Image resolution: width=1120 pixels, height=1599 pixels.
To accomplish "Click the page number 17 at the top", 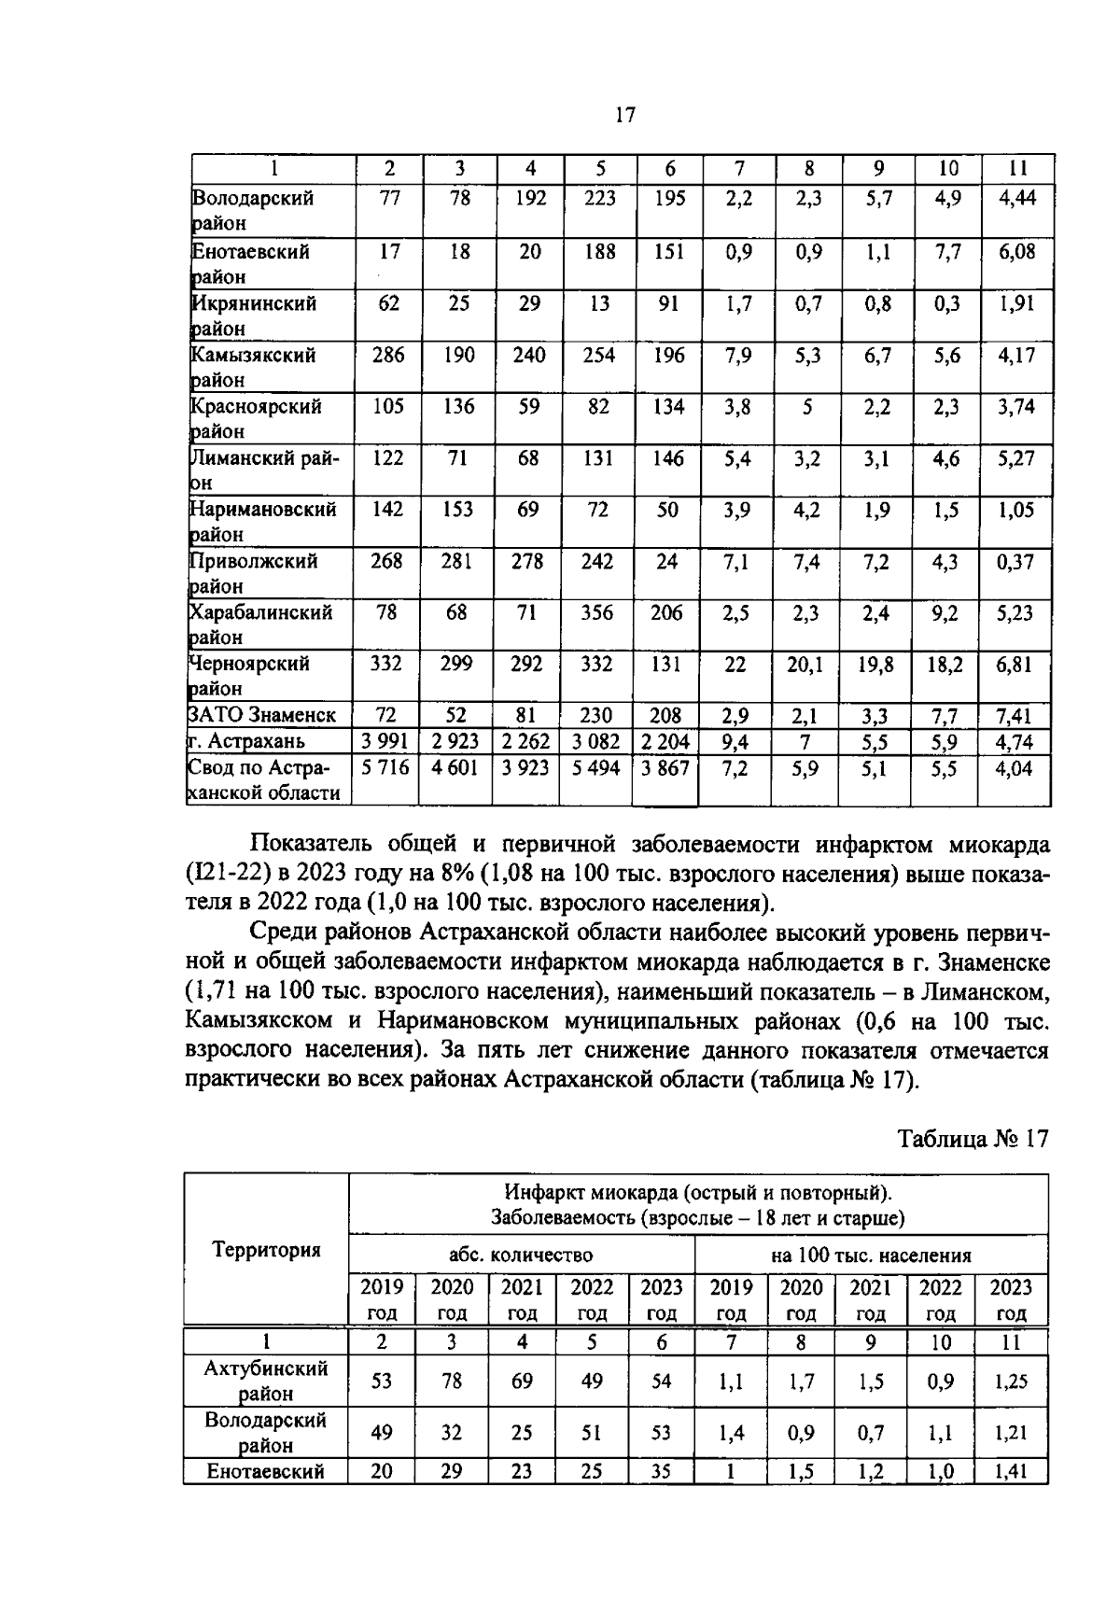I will (x=624, y=115).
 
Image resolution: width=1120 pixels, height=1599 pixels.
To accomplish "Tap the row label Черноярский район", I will (x=249, y=675).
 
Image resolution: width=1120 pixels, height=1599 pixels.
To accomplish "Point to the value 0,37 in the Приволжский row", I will (x=1016, y=561).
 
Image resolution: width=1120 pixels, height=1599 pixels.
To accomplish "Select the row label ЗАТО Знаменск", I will (x=262, y=715).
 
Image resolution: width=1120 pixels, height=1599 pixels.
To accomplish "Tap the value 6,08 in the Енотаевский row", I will (x=1016, y=252).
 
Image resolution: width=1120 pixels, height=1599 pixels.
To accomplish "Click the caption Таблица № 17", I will (x=973, y=1139).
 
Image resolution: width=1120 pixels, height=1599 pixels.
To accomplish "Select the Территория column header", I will (x=266, y=1249).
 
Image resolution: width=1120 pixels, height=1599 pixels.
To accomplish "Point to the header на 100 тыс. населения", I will (x=870, y=1255).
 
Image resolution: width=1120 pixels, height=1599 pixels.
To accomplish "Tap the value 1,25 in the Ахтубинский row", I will (x=1010, y=1381).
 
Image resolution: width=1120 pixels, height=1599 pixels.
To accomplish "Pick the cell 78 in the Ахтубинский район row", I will (x=452, y=1381).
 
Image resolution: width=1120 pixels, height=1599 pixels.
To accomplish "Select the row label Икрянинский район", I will (x=253, y=316).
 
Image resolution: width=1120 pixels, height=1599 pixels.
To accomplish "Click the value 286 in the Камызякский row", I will (x=387, y=355).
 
